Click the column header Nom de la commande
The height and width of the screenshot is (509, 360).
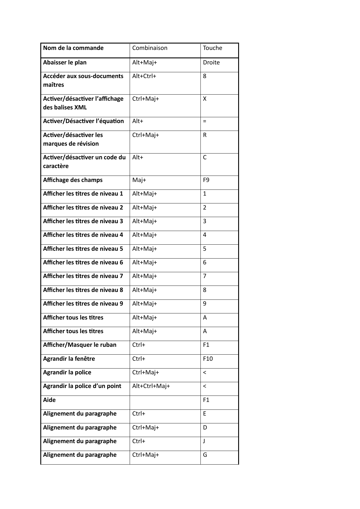tap(73, 48)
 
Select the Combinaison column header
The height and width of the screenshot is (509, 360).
tap(150, 48)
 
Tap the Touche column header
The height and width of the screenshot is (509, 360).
tap(212, 48)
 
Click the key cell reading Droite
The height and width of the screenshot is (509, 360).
tap(211, 62)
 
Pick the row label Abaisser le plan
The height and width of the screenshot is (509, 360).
tap(65, 62)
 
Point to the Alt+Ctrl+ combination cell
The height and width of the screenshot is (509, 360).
tap(144, 76)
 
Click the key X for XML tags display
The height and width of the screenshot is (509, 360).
tap(205, 99)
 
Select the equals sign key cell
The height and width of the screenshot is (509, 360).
tap(205, 121)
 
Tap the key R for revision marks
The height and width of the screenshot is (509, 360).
tap(205, 135)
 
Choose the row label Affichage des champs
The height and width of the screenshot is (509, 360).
tap(73, 180)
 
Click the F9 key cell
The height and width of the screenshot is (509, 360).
tap(206, 180)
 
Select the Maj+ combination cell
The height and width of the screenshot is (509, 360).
tap(139, 180)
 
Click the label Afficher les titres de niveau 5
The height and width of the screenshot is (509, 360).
tap(83, 249)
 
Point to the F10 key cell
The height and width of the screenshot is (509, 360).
tap(208, 359)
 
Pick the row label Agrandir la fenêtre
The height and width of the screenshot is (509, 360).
tap(69, 359)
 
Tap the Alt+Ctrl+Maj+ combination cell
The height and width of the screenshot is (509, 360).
tap(151, 386)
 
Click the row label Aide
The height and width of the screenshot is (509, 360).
tap(49, 400)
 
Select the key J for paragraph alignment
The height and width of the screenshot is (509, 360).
tap(204, 441)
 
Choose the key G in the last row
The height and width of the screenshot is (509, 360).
tap(205, 455)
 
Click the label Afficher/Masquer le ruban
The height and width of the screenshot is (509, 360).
tap(80, 345)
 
